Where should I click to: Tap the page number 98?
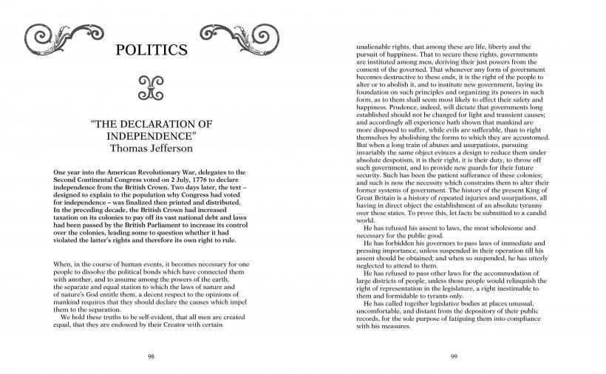click(151, 356)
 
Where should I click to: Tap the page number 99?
click(454, 356)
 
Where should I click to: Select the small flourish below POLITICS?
click(151, 87)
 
